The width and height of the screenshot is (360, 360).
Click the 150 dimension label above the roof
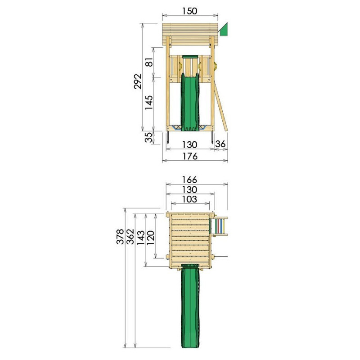[x=189, y=11]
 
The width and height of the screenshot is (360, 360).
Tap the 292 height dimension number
[x=138, y=81]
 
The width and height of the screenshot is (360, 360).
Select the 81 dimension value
[x=149, y=62]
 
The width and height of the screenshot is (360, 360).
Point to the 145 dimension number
[x=149, y=102]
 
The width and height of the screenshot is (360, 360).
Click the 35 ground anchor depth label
[x=148, y=137]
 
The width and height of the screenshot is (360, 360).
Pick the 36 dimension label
[x=220, y=144]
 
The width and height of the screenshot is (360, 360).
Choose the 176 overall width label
[x=190, y=156]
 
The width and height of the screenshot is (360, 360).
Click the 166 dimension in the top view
[x=189, y=180]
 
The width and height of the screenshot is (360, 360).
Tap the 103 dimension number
[x=189, y=199]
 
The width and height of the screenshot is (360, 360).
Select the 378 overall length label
[x=120, y=237]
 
